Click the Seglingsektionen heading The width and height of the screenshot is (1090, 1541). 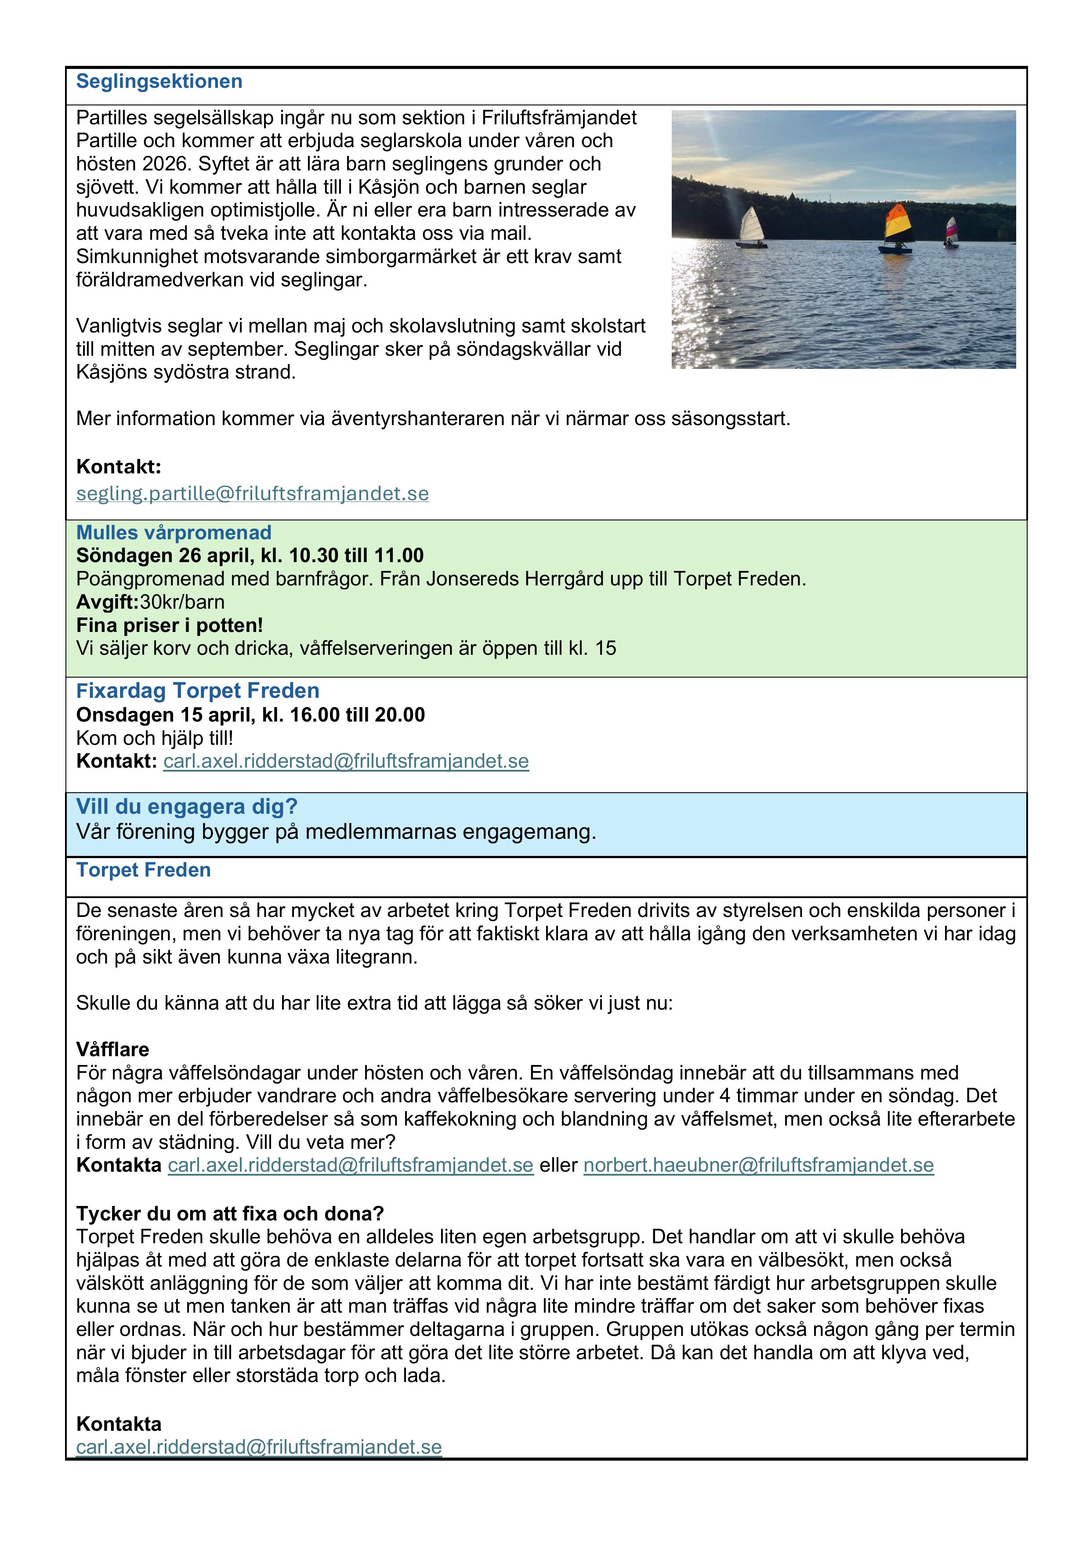pyautogui.click(x=159, y=82)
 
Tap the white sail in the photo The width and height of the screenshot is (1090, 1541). pyautogui.click(x=752, y=225)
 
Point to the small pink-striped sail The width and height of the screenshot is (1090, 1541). pyautogui.click(x=951, y=228)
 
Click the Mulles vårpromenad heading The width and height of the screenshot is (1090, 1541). pyautogui.click(x=174, y=533)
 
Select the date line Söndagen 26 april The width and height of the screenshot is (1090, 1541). pyautogui.click(x=250, y=556)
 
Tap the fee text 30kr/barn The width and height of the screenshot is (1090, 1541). pyautogui.click(x=182, y=602)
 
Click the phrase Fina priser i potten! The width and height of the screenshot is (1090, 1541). pyautogui.click(x=169, y=625)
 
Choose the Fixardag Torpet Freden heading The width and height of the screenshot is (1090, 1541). pyautogui.click(x=197, y=691)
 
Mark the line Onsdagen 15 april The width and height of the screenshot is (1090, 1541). pyautogui.click(x=250, y=715)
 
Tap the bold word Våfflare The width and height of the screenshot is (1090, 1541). pyautogui.click(x=113, y=1050)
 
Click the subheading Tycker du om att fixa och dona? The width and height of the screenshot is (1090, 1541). pyautogui.click(x=230, y=1213)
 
